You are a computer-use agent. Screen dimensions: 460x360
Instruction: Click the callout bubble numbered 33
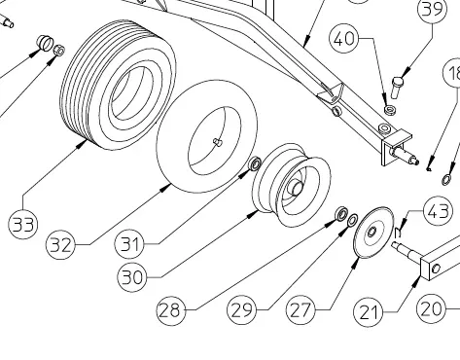(x=23, y=224)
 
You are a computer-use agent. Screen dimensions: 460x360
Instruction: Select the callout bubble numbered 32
(x=60, y=245)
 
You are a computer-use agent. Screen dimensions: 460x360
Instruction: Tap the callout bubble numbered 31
(x=129, y=244)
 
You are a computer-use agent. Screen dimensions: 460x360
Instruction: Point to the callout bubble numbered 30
(x=132, y=277)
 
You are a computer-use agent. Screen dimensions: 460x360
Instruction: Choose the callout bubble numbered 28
(x=171, y=310)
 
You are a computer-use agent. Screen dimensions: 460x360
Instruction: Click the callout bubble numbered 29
(x=241, y=309)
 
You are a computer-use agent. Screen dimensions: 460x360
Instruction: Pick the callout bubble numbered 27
(x=301, y=310)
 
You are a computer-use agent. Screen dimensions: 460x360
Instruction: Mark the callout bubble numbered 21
(x=368, y=312)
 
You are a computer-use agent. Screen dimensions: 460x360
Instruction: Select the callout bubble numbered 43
(x=438, y=211)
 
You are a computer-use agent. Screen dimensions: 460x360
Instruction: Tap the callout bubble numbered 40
(x=344, y=39)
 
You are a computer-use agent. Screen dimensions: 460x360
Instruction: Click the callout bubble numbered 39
(x=433, y=9)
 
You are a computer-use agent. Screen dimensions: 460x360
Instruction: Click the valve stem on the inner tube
(x=217, y=142)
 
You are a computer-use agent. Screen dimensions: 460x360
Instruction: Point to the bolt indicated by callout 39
(x=397, y=87)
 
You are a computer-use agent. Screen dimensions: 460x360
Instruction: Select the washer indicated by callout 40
(x=389, y=110)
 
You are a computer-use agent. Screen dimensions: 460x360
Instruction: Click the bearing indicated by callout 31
(x=255, y=163)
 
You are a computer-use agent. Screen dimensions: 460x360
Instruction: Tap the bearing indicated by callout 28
(x=341, y=214)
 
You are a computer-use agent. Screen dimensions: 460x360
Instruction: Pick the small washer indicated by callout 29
(x=352, y=220)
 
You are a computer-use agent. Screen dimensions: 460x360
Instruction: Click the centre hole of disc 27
(x=372, y=232)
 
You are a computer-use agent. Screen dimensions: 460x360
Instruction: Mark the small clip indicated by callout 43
(x=399, y=232)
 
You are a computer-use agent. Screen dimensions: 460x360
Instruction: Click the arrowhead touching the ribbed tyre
(x=83, y=145)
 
